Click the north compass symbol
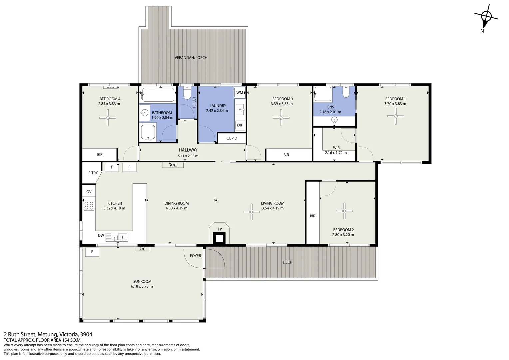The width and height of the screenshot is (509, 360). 486,17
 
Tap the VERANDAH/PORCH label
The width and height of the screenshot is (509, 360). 191,58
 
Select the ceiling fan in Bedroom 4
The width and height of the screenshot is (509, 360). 108,117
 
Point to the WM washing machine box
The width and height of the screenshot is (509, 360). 240,93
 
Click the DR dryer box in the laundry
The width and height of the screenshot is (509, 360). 240,125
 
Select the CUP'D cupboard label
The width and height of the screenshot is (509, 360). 232,138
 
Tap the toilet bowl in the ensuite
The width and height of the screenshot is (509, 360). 346,92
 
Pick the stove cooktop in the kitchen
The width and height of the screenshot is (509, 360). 89,205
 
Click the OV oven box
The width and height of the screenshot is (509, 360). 89,192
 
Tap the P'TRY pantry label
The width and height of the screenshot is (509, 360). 93,173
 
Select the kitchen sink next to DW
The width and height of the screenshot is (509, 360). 119,237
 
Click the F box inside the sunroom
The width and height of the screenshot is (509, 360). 92,252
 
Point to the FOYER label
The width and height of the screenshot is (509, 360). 195,256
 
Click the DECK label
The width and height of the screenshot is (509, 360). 287,262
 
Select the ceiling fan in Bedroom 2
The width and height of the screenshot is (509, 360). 344,211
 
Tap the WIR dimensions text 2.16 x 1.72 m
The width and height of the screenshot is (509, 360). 336,153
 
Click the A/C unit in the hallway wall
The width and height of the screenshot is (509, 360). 173,165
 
